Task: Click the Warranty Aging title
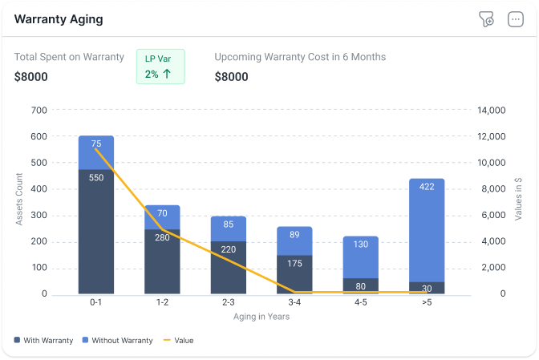click(x=59, y=18)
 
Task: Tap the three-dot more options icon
click(x=516, y=19)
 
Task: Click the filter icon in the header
click(x=485, y=19)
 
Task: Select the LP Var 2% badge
click(x=160, y=67)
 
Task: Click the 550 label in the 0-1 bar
click(x=96, y=178)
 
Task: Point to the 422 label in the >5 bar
click(x=427, y=187)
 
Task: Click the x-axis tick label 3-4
click(x=294, y=303)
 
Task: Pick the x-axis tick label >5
click(x=426, y=303)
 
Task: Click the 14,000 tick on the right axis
click(x=493, y=110)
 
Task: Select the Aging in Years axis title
click(x=261, y=317)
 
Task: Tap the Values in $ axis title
click(x=519, y=200)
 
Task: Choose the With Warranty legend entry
click(x=44, y=341)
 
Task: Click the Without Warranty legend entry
click(x=118, y=341)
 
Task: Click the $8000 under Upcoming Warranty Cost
click(x=232, y=77)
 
